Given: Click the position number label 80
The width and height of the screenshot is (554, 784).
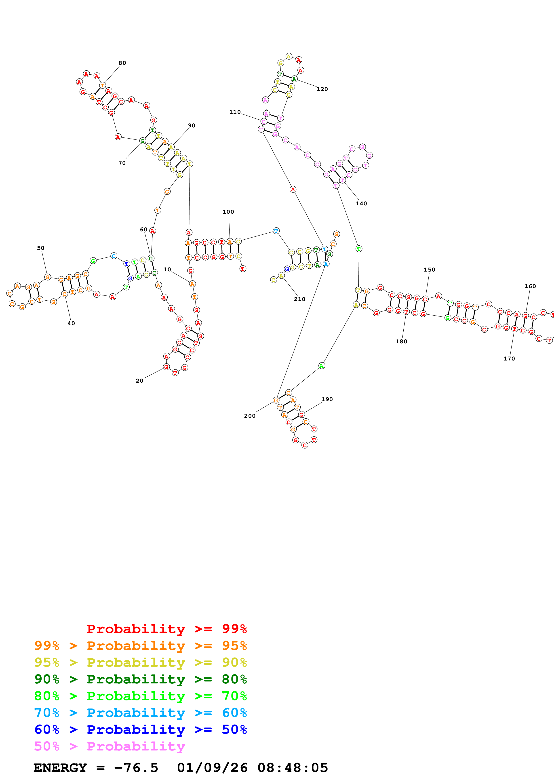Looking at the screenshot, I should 122,63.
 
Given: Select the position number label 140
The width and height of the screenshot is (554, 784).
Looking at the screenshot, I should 361,204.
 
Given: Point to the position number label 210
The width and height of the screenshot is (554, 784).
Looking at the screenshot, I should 299,299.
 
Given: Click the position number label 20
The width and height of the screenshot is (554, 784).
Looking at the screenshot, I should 139,381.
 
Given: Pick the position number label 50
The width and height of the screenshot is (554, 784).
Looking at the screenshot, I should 41,248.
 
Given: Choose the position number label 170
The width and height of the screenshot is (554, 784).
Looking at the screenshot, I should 509,358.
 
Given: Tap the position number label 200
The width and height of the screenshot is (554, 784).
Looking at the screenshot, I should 250,415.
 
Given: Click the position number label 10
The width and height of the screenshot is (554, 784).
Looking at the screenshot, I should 167,269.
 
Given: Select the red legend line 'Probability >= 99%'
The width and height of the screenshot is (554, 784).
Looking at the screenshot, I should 166,629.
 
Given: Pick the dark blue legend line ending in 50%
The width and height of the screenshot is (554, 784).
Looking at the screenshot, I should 140,729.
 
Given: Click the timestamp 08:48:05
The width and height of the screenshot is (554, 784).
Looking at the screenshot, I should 293,768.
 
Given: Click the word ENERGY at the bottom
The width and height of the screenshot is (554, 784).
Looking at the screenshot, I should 60,768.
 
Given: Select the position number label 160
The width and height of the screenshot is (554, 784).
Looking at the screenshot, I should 530,286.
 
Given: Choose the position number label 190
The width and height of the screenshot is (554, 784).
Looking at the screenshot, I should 327,399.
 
